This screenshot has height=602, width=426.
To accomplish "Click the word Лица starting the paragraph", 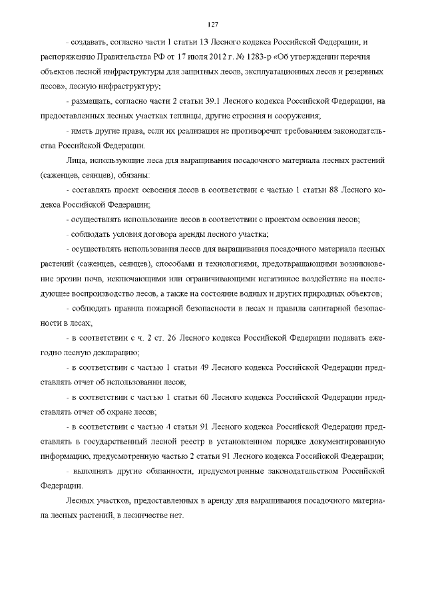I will (75, 162).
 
